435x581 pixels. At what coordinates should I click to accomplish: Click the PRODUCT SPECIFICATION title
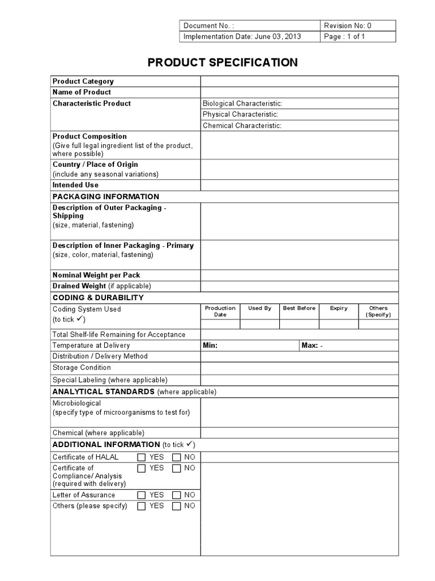(223, 62)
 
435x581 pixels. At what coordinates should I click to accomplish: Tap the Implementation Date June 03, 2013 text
(242, 36)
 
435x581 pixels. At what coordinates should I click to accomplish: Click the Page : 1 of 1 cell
(344, 36)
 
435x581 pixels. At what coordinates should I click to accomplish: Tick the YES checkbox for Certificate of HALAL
(142, 457)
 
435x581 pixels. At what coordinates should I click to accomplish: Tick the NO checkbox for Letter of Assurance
(177, 495)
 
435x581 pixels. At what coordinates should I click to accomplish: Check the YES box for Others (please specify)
(142, 506)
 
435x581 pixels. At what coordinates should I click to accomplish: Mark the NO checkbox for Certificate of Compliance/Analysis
(177, 468)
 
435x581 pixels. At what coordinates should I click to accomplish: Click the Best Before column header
(299, 308)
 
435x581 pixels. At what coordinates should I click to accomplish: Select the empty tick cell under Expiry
(339, 324)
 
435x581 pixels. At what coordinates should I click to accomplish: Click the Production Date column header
(220, 311)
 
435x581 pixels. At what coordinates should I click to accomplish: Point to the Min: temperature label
(210, 345)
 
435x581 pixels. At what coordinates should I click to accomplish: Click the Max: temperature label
(310, 345)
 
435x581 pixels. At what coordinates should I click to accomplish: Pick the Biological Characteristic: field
(242, 103)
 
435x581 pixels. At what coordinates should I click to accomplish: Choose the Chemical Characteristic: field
(242, 125)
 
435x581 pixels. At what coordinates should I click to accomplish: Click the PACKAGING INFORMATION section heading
(106, 196)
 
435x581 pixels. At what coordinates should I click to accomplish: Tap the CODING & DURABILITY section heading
(98, 297)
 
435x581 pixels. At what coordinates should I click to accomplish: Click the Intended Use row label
(75, 185)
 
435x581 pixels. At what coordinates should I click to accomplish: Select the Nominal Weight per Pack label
(96, 275)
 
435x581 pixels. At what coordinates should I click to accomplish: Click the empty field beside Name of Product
(299, 92)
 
